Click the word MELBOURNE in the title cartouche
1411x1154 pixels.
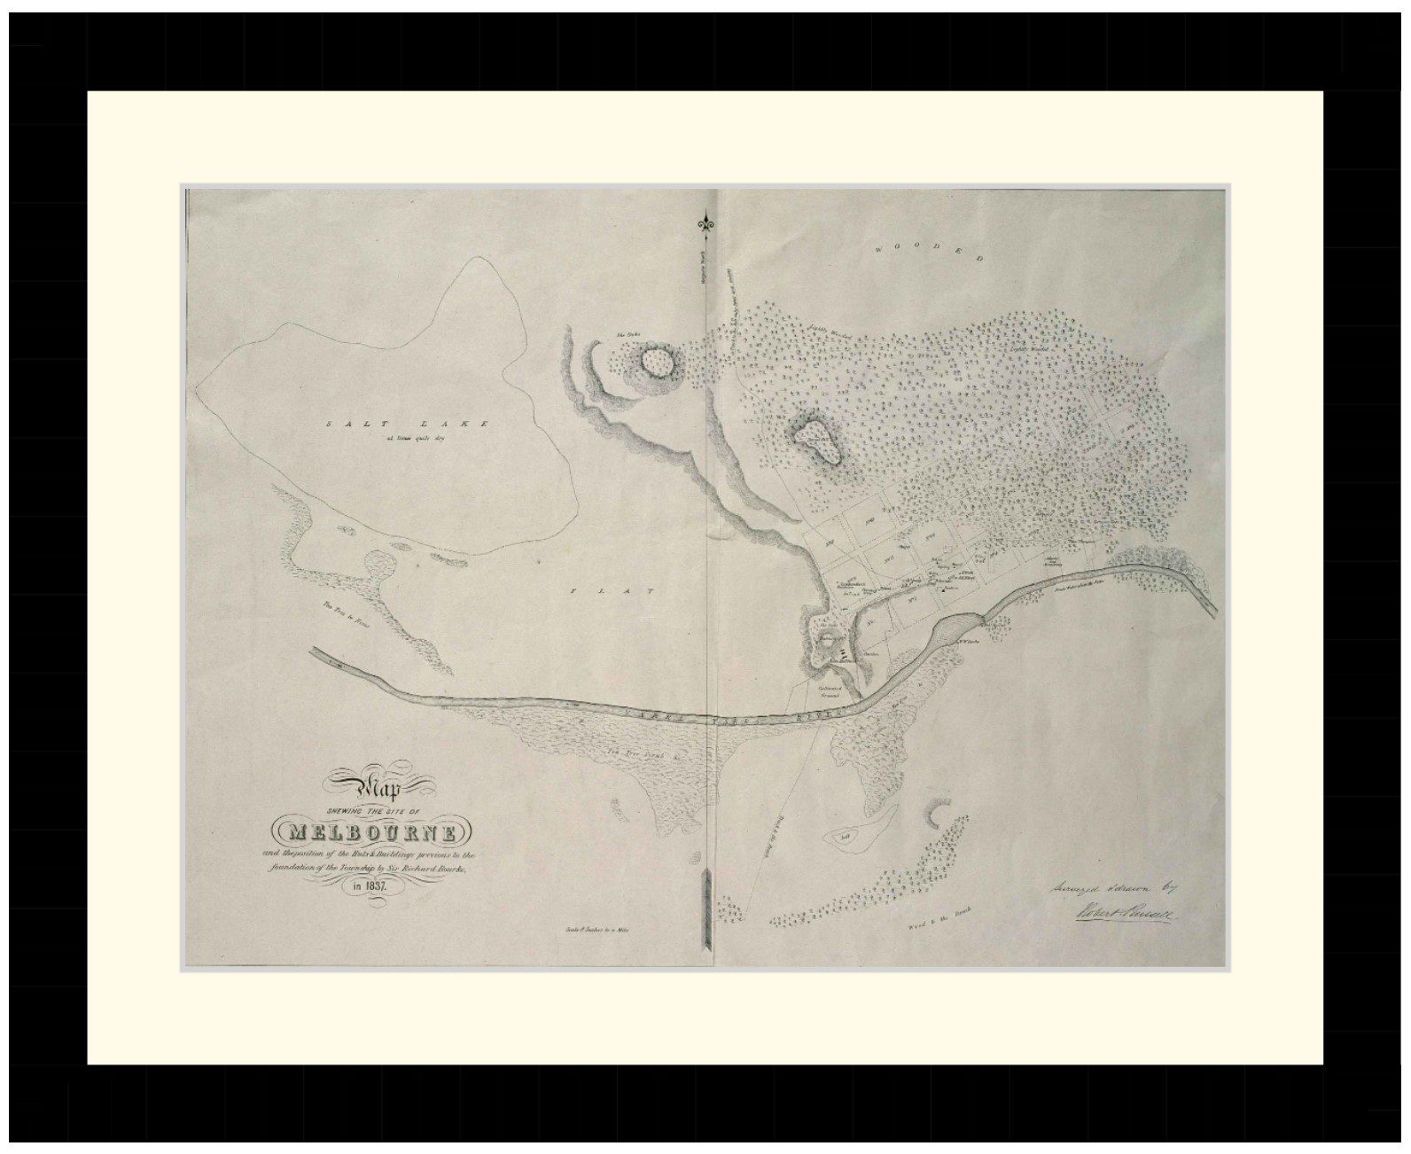[375, 833]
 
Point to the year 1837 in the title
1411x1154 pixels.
[373, 885]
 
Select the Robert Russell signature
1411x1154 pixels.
[1123, 912]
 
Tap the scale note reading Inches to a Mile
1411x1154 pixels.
[601, 931]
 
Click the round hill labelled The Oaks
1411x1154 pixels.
[656, 362]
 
